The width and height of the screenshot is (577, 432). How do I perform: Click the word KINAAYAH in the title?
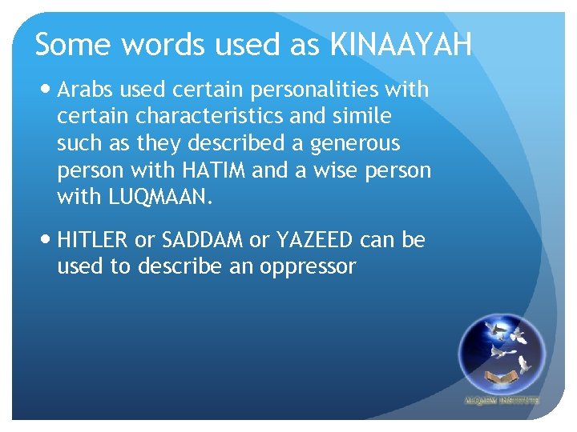point(401,45)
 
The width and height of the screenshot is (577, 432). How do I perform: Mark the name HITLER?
point(92,239)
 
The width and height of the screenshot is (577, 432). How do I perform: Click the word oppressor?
point(307,266)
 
